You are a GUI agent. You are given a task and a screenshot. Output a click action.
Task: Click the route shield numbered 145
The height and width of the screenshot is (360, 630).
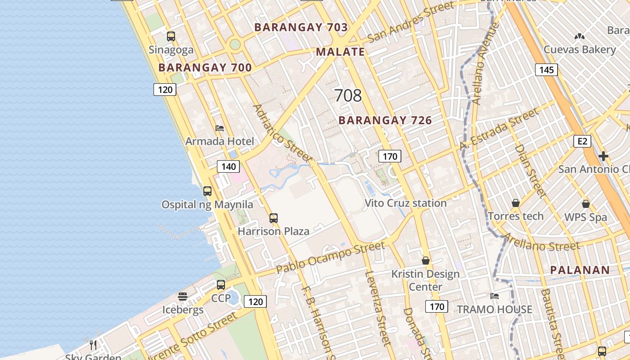point(546,70)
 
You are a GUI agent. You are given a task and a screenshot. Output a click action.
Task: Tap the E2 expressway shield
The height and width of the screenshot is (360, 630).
point(582,141)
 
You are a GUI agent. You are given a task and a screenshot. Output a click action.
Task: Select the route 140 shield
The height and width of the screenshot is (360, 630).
point(229,166)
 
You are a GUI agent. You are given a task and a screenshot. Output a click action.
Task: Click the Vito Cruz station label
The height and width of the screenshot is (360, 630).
point(405,203)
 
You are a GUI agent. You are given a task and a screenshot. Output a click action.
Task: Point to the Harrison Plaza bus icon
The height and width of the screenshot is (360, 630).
point(274,218)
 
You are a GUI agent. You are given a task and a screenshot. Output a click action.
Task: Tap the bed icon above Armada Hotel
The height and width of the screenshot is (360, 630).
point(220,128)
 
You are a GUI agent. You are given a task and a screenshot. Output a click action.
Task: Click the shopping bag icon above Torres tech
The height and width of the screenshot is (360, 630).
point(516,203)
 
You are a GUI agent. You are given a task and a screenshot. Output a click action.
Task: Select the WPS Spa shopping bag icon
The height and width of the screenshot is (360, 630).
point(585,204)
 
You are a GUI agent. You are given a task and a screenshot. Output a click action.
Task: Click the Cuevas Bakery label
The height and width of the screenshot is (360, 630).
point(580,49)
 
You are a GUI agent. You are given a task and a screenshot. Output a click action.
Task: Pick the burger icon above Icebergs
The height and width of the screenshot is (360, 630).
point(182,297)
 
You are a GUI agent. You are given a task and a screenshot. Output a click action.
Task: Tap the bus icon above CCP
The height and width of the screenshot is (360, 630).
point(220,284)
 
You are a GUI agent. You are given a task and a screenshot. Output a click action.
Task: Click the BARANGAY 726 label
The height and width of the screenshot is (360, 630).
point(385,121)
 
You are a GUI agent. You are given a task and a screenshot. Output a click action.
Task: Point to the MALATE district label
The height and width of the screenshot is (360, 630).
point(340,52)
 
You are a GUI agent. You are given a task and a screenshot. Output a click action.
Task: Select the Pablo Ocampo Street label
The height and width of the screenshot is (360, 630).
point(330,257)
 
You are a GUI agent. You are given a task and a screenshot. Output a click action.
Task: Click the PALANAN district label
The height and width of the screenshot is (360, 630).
point(580,270)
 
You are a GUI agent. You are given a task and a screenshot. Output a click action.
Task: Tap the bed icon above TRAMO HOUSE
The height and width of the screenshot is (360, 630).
point(495,296)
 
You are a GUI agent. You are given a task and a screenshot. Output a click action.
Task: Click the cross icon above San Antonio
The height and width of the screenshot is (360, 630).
point(603,156)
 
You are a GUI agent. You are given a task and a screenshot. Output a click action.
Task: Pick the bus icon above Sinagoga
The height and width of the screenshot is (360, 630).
point(171,36)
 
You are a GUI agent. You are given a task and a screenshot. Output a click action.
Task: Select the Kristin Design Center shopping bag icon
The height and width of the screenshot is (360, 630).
point(425,261)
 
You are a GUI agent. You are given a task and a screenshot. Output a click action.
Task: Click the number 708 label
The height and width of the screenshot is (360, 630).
point(348,95)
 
